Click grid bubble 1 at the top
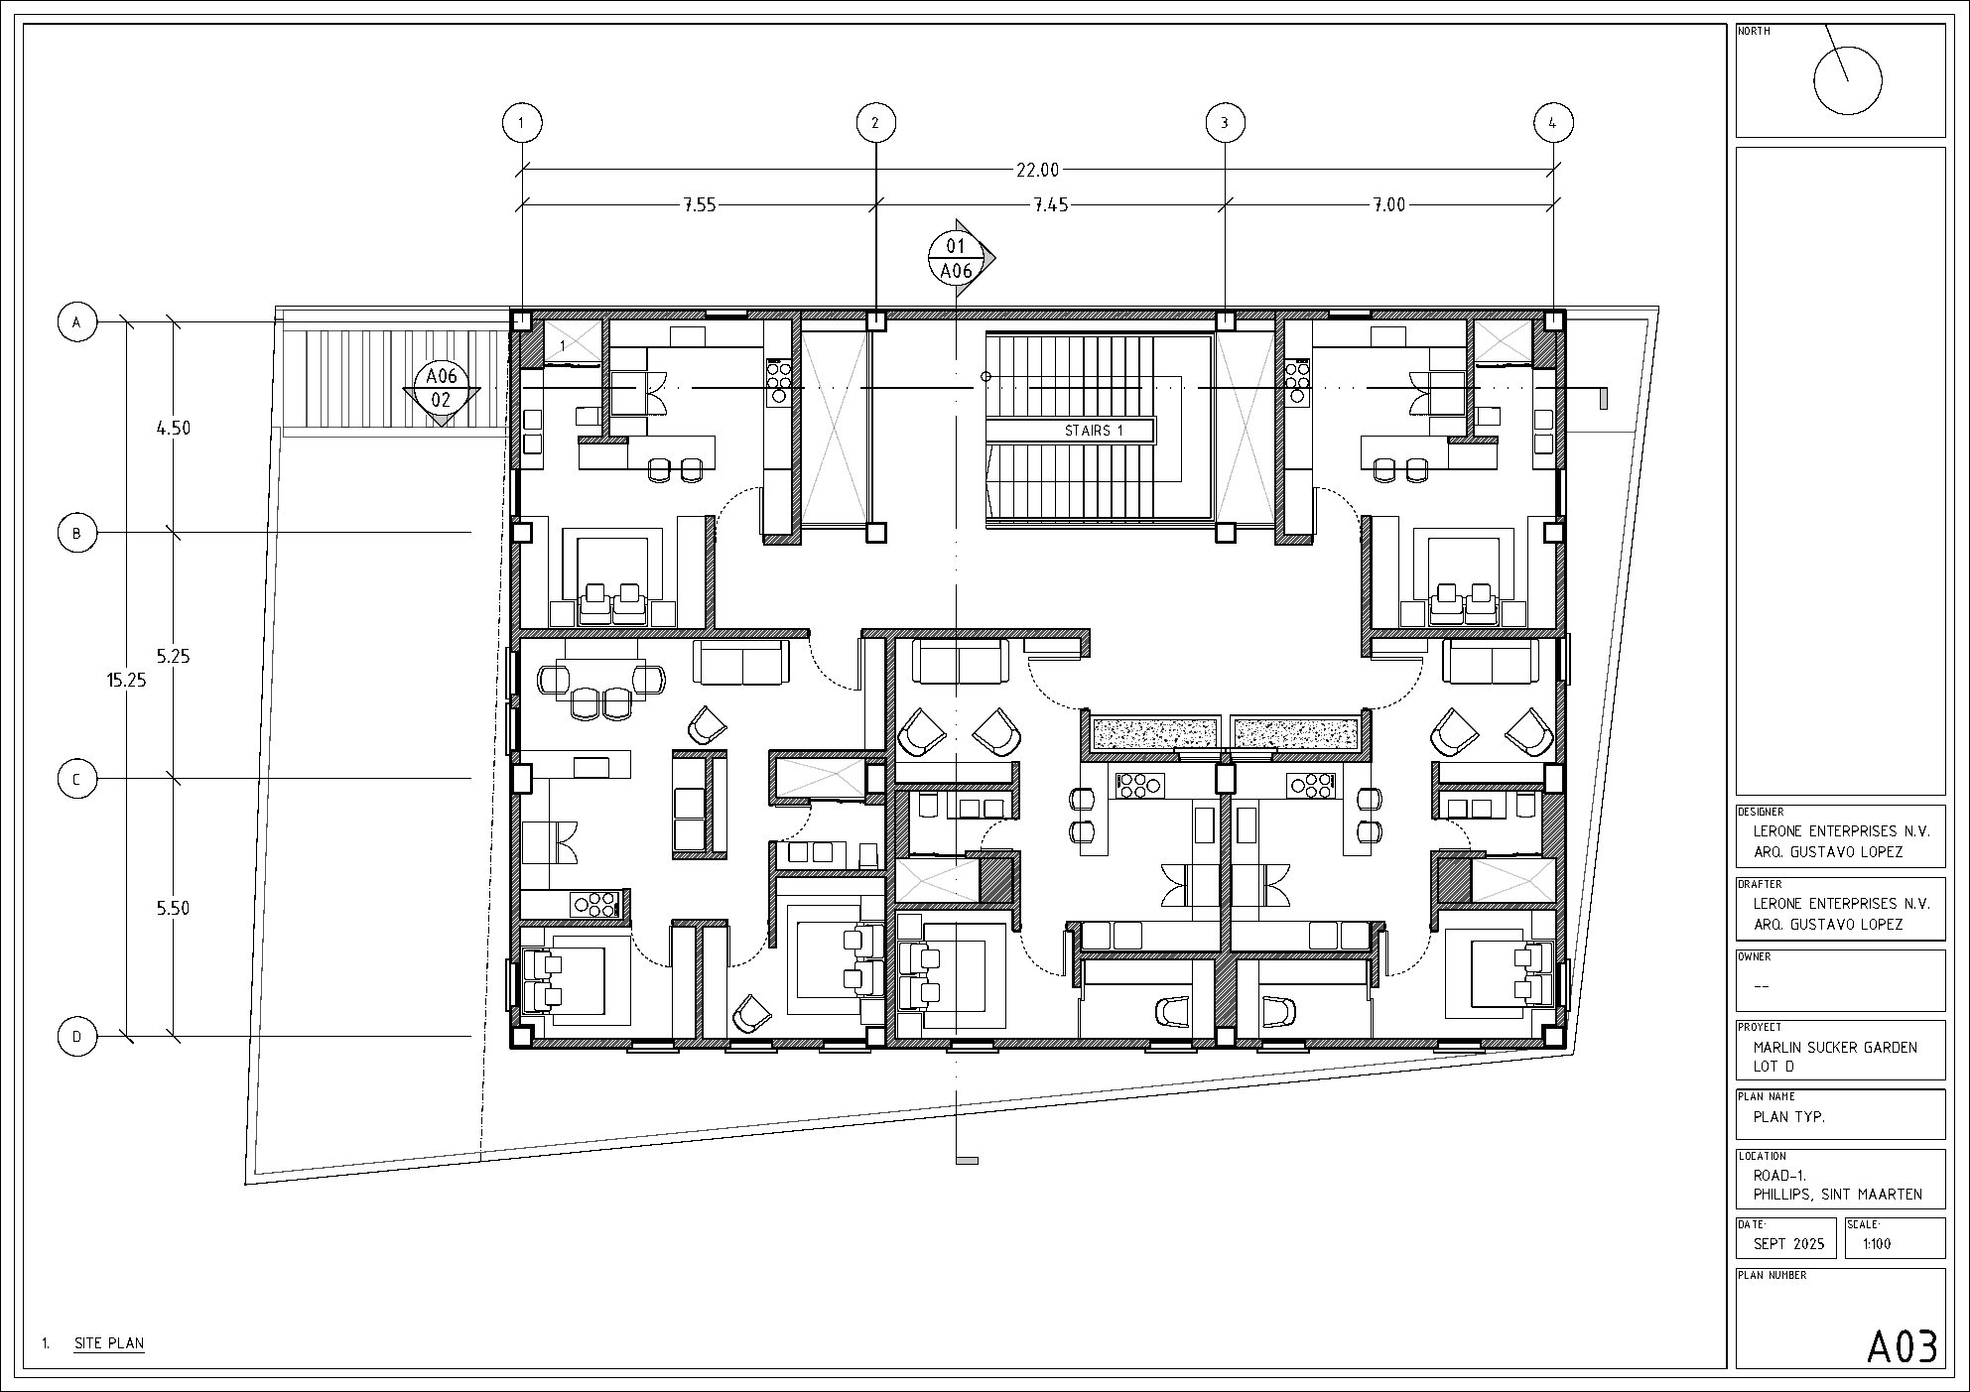click(522, 123)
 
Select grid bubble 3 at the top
click(1225, 123)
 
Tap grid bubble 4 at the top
click(1553, 123)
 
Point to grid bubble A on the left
click(77, 322)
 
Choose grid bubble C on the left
click(77, 779)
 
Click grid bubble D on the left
click(77, 1037)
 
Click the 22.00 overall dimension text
click(1037, 170)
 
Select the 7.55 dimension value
click(700, 205)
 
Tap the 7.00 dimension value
click(1388, 205)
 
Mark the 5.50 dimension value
click(173, 908)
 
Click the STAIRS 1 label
click(1093, 431)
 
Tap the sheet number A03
click(1902, 1346)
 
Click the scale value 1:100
click(1877, 1244)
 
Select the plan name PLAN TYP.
click(1789, 1116)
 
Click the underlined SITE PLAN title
click(109, 1344)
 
